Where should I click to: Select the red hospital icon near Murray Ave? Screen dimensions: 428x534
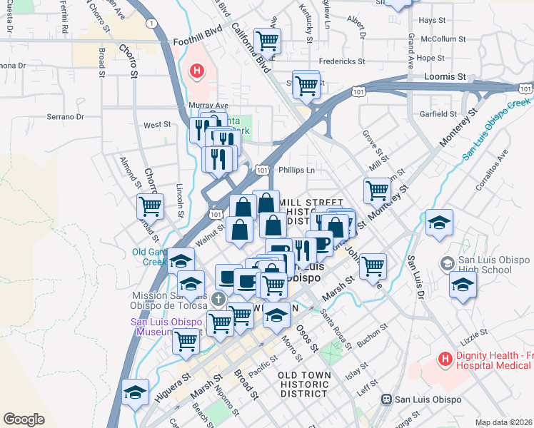pos(196,71)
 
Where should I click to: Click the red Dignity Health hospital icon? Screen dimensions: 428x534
pos(446,357)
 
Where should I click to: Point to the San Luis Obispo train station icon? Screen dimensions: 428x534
pos(387,399)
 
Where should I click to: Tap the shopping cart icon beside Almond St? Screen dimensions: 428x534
pos(151,207)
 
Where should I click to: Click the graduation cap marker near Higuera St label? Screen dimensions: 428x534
pos(134,392)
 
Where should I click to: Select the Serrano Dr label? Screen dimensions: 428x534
pos(66,116)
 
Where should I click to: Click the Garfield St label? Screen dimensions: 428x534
pos(438,114)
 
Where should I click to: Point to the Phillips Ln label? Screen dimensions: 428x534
pos(296,170)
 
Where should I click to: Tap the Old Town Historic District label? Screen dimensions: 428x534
pos(304,384)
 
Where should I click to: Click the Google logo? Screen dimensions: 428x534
pos(24,419)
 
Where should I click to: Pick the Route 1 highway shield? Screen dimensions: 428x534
pos(151,24)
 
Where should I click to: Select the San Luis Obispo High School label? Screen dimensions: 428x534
pos(485,265)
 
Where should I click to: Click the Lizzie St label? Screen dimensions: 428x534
pos(474,333)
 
